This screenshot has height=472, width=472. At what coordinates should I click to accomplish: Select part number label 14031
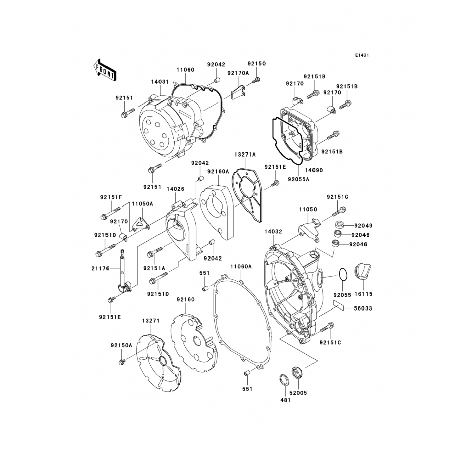(x=160, y=81)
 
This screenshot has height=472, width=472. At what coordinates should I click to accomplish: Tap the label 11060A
(x=241, y=267)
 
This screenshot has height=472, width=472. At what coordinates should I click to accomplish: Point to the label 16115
(x=363, y=294)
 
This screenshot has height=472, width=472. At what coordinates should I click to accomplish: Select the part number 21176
(x=101, y=268)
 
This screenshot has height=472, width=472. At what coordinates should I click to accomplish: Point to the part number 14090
(x=314, y=170)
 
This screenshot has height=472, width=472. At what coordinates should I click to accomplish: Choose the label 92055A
(x=298, y=180)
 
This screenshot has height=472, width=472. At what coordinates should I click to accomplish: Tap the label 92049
(x=363, y=226)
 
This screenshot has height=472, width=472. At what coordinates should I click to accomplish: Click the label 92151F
(x=111, y=197)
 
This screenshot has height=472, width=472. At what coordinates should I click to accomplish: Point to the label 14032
(x=273, y=232)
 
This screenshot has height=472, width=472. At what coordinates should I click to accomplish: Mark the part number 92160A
(x=218, y=171)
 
